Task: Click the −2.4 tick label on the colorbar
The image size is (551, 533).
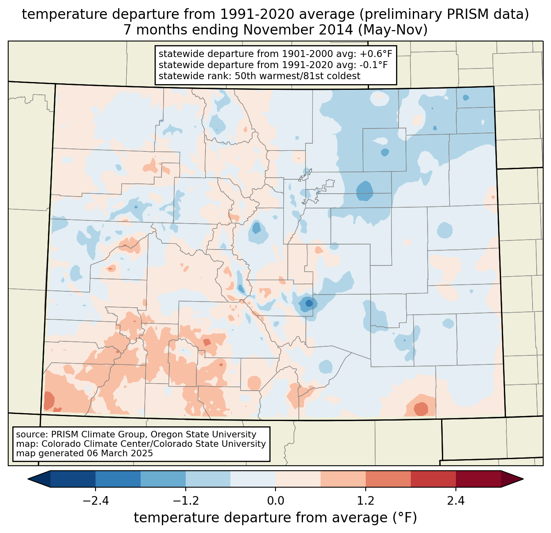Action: pos(96,501)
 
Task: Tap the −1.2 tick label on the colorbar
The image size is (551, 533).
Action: pos(185,501)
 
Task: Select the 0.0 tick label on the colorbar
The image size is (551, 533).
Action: pos(275,501)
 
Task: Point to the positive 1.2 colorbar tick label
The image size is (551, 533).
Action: pos(365,501)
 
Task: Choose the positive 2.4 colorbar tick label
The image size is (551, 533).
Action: pos(455,501)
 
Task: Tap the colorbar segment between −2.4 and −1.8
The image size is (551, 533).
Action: pos(118,479)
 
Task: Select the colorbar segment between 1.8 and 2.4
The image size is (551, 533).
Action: pos(433,479)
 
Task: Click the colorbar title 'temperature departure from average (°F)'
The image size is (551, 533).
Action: pos(275,518)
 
